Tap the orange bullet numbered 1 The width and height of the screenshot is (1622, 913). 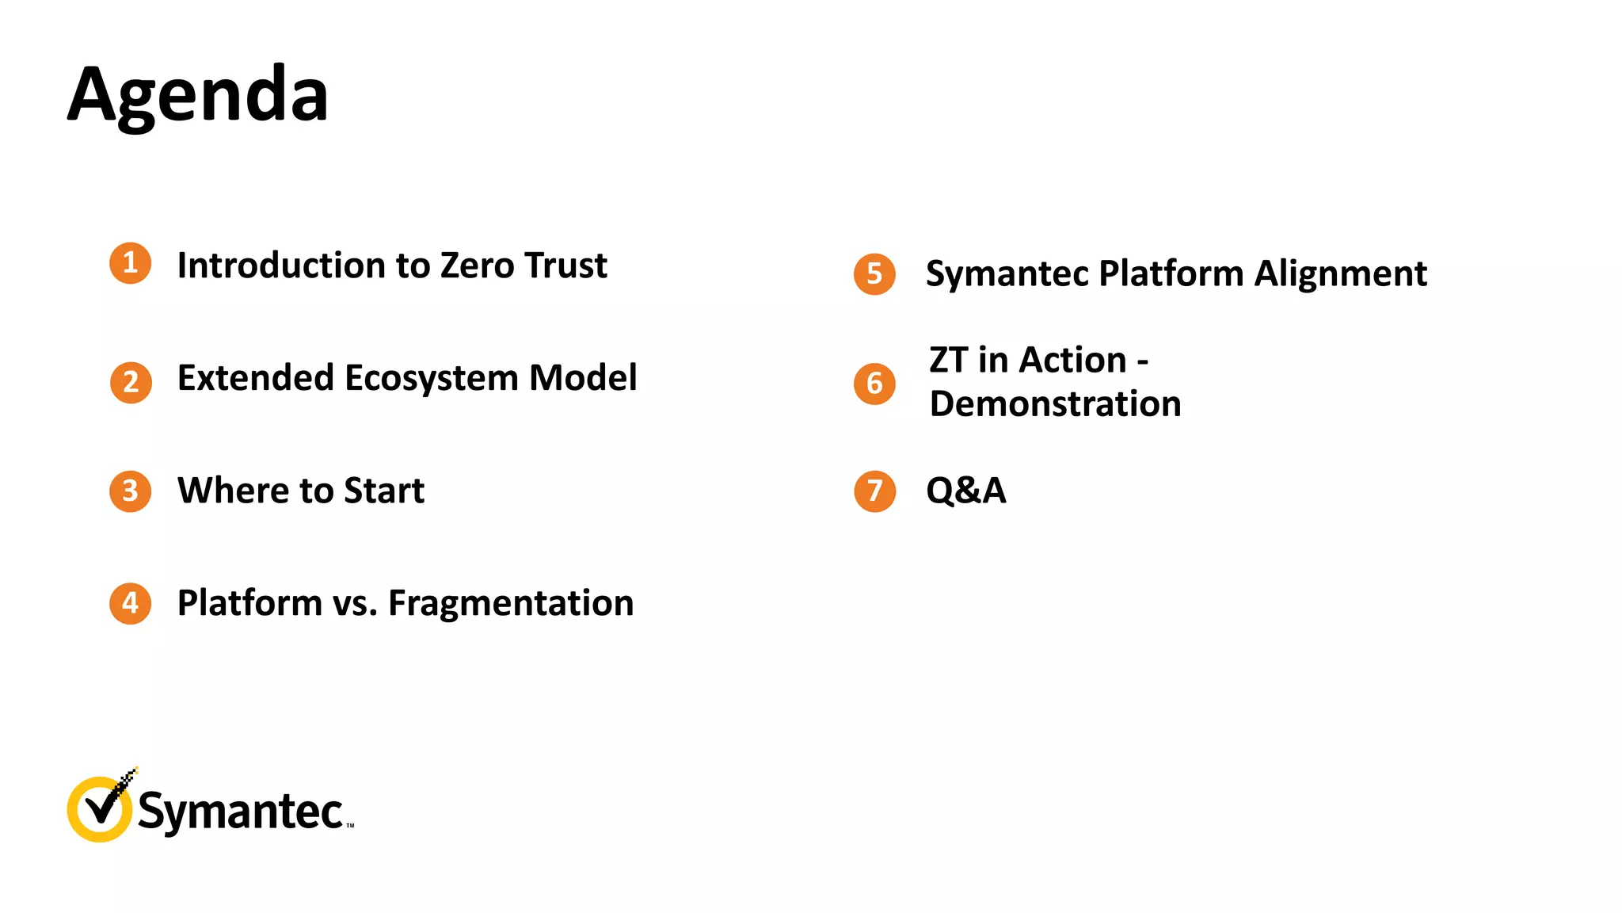point(131,263)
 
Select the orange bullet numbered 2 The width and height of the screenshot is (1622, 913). point(131,383)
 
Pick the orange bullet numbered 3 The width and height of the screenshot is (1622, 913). point(131,491)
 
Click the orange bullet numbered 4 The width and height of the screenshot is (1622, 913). point(131,604)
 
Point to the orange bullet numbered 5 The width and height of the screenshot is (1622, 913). point(874,274)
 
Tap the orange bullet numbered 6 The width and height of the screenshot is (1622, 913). point(874,384)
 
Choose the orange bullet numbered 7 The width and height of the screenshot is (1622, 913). point(874,491)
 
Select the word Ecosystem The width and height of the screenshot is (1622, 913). point(431,379)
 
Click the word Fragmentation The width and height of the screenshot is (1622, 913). point(511,604)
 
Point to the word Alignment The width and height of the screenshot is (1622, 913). point(1340,274)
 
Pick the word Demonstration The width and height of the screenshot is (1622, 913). point(1055,404)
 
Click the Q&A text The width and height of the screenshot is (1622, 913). point(965,491)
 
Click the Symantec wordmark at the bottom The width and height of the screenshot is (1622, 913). point(241,812)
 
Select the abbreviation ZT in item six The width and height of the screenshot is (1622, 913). point(948,361)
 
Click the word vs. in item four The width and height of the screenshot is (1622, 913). point(354,604)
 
